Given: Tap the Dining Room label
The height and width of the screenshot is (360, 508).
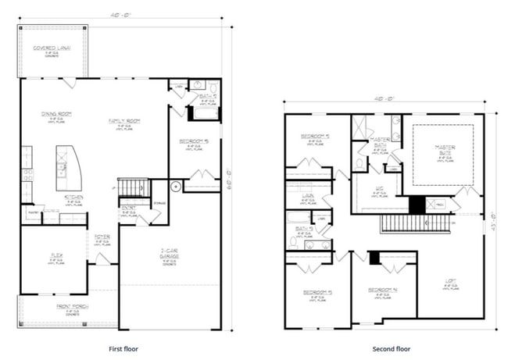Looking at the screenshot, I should click(56, 114).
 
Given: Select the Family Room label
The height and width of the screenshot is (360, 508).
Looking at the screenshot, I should click(123, 121).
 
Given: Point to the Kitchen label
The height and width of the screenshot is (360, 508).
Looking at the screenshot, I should click(74, 197).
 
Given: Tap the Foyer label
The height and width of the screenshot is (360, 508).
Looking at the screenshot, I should click(102, 236).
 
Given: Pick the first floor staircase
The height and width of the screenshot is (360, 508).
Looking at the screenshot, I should click(132, 188).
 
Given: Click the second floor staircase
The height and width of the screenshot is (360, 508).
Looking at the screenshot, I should click(414, 224).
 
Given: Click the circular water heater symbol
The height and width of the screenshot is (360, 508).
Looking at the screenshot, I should click(176, 187).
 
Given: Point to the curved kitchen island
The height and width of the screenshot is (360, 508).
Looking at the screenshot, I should click(66, 166).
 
